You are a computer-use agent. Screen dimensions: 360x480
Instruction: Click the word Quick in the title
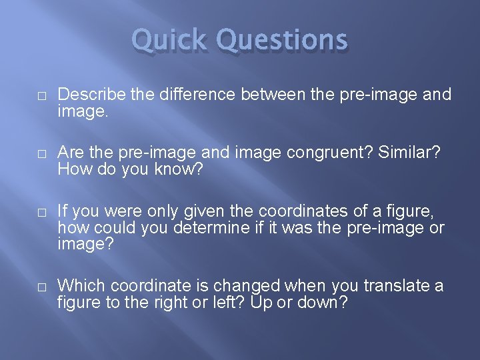170,40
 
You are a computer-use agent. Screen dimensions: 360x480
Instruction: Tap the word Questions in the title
282,40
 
